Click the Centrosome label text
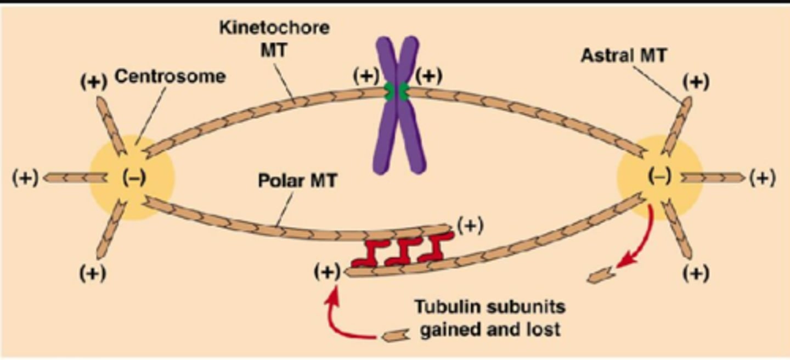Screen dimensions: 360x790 tap(170, 76)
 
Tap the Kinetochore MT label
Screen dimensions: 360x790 tap(275, 38)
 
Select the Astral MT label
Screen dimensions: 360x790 tap(623, 55)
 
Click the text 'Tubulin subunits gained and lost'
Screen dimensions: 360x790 tap(489, 317)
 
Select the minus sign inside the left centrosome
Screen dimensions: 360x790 tap(134, 178)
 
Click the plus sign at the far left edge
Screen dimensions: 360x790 tap(25, 178)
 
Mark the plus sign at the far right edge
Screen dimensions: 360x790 tap(763, 178)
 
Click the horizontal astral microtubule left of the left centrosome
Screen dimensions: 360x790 tap(75, 177)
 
